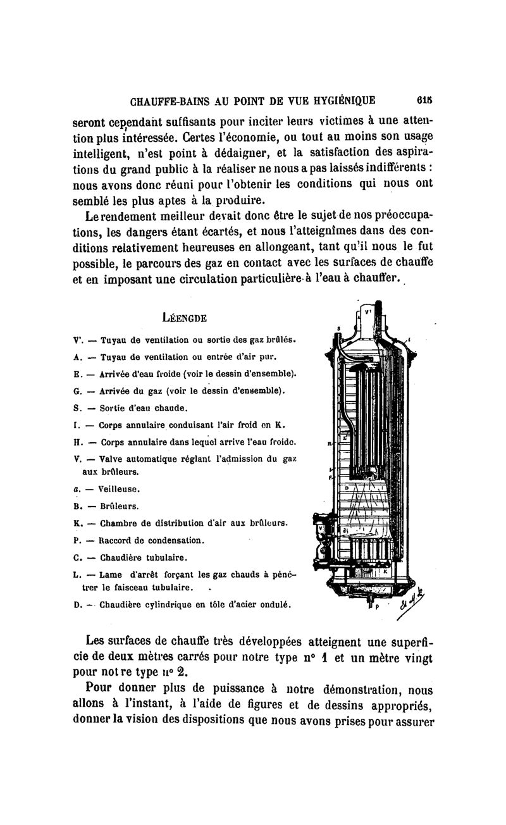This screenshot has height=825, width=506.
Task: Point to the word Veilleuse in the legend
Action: (121, 489)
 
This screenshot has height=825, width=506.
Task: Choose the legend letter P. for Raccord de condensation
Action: (77, 541)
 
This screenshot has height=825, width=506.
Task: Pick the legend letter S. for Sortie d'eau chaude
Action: (77, 407)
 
